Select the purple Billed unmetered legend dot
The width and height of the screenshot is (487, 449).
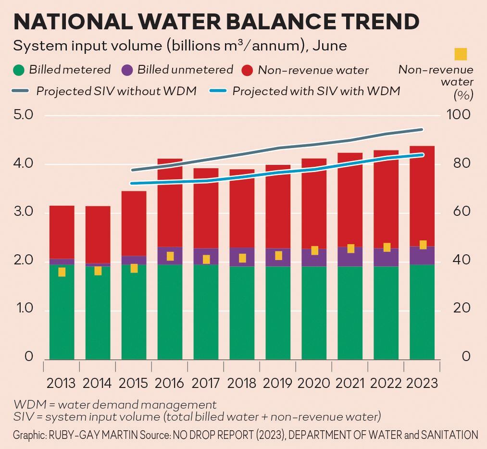[x=127, y=70]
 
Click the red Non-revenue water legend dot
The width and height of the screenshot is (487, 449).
[x=247, y=70]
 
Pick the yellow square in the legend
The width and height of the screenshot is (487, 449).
[x=461, y=54]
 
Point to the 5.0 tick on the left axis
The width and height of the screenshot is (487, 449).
[x=22, y=115]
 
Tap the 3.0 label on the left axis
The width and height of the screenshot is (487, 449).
[x=22, y=212]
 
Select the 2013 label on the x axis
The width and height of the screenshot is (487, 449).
[x=61, y=383]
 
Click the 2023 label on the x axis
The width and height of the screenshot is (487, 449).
[x=422, y=383]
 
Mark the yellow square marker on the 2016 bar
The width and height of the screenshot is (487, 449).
[x=170, y=256]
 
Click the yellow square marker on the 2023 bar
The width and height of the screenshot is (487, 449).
[x=423, y=245]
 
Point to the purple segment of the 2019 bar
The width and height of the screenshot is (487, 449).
[x=278, y=257]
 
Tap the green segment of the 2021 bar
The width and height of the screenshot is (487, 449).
[x=350, y=312]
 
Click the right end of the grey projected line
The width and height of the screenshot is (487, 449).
[x=422, y=129]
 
